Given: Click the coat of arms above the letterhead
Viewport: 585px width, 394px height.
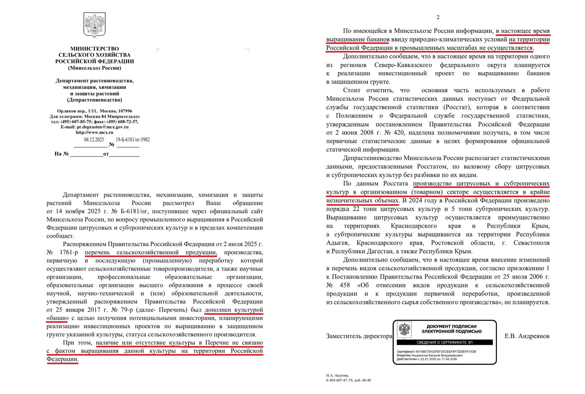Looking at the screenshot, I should (x=95, y=25).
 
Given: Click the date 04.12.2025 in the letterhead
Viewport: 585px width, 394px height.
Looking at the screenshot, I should (x=94, y=140).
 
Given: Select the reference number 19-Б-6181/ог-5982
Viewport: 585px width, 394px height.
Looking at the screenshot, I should (x=133, y=140).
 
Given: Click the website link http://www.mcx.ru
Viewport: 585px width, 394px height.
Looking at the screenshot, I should (x=95, y=132).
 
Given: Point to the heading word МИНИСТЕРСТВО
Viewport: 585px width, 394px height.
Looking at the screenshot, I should (x=95, y=49).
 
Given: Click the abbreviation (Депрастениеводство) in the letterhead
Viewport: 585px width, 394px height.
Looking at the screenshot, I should (x=95, y=100).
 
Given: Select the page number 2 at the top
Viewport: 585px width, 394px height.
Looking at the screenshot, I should (x=438, y=17).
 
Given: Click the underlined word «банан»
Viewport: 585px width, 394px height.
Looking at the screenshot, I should (x=57, y=318).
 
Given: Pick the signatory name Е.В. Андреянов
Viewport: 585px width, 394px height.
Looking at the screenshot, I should (x=527, y=336).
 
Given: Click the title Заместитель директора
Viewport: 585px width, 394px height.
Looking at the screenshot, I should (x=359, y=336).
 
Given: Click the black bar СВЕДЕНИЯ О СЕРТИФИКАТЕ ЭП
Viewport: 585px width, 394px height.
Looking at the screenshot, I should (x=444, y=342).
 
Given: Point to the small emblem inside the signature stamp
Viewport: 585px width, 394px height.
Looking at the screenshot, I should (x=404, y=330).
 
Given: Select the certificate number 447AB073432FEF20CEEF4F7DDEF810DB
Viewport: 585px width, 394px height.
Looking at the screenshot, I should (x=445, y=352).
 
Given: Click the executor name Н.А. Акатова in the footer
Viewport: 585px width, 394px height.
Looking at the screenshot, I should (x=337, y=375).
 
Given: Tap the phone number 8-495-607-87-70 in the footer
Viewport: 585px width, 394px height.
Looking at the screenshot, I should (x=339, y=380).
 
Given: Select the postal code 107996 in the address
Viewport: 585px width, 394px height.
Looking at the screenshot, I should (x=125, y=111).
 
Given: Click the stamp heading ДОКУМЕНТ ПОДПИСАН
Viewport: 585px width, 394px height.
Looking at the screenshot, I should (x=451, y=326).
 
